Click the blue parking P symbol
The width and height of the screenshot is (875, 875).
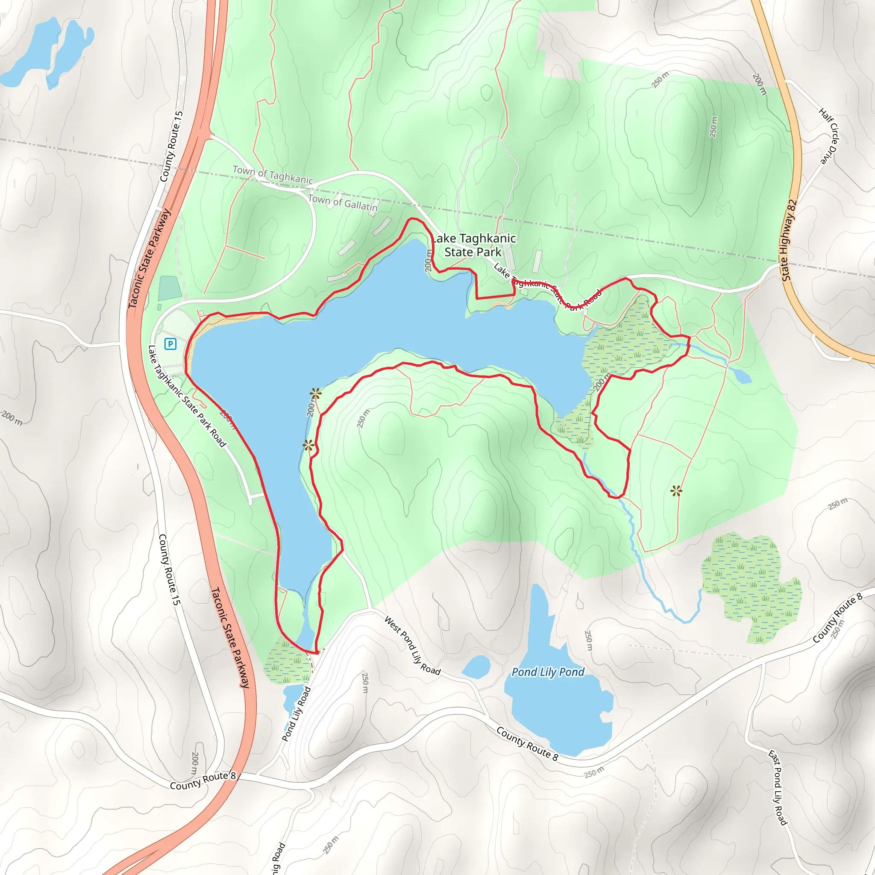170,344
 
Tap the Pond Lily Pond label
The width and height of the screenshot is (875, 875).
548,672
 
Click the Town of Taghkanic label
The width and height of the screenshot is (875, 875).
273,175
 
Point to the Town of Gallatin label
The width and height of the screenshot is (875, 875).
342,202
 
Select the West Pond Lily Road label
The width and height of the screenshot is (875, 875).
412,646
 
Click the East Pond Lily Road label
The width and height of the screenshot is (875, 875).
778,787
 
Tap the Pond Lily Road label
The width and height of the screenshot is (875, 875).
296,714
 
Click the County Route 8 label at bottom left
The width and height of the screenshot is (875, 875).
203,780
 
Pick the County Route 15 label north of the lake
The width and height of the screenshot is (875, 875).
172,147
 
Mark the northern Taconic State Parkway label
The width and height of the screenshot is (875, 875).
149,258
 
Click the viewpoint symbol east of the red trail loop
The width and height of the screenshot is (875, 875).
676,490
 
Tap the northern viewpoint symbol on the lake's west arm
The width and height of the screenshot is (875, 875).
316,393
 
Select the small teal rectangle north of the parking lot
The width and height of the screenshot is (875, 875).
170,288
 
